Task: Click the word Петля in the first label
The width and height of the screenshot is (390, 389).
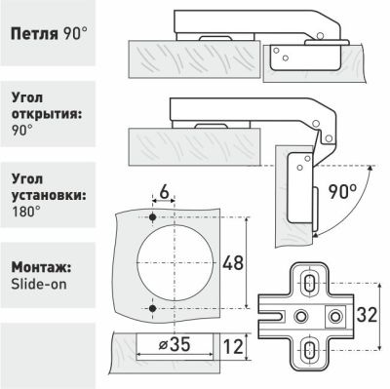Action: [x=34, y=33]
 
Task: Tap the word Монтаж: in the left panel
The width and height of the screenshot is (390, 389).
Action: [x=41, y=268]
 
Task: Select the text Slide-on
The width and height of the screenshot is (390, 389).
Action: [x=39, y=284]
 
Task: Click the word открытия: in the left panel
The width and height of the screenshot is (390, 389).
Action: [x=46, y=115]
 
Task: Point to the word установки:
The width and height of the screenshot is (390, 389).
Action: [x=49, y=196]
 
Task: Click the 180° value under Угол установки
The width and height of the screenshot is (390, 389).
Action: [x=26, y=212]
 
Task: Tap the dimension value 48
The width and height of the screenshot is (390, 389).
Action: [x=233, y=262]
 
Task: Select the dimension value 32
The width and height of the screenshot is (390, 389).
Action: [x=367, y=315]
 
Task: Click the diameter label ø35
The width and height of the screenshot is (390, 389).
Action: [x=175, y=344]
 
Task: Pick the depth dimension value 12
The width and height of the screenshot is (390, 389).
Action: [x=233, y=346]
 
